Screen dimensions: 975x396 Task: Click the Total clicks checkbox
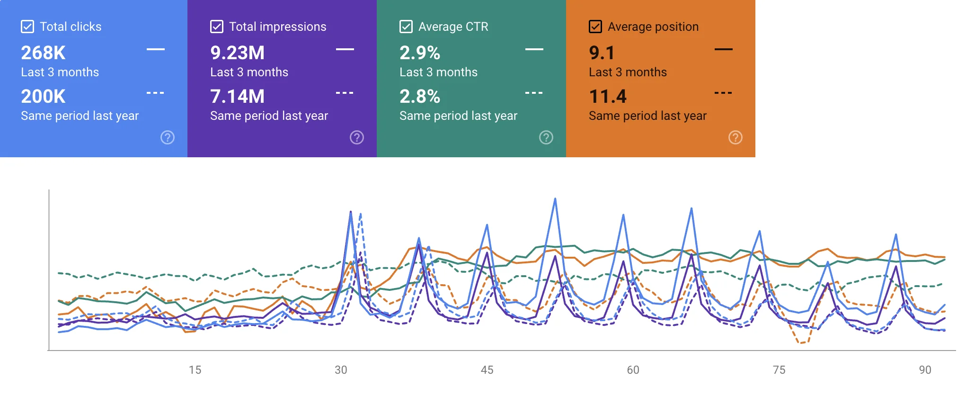click(x=27, y=27)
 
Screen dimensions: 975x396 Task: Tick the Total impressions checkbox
click(x=217, y=27)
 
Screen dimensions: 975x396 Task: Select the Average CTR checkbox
click(x=406, y=27)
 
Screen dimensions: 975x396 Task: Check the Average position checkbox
click(x=595, y=27)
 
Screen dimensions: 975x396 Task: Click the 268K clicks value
click(x=43, y=53)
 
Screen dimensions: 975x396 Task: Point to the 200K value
click(x=43, y=97)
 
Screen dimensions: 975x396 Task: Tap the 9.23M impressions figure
click(x=237, y=53)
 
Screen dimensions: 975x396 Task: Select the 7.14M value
click(x=237, y=97)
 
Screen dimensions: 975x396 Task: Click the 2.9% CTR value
click(x=420, y=53)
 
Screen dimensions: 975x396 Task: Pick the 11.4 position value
click(x=608, y=97)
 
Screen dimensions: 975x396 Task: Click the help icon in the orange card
click(x=735, y=137)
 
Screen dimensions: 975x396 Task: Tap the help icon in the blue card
click(x=168, y=137)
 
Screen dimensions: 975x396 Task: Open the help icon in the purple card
click(x=357, y=137)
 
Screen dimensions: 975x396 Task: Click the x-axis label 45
click(x=487, y=370)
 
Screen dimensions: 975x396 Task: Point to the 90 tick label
click(x=925, y=370)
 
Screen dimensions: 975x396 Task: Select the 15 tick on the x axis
click(x=195, y=370)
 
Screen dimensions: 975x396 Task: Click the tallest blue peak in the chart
click(x=555, y=199)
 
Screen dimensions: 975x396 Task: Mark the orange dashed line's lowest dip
click(x=801, y=342)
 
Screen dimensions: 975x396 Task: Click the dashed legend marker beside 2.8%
click(x=534, y=93)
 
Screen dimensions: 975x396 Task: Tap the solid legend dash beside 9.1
click(x=723, y=49)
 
